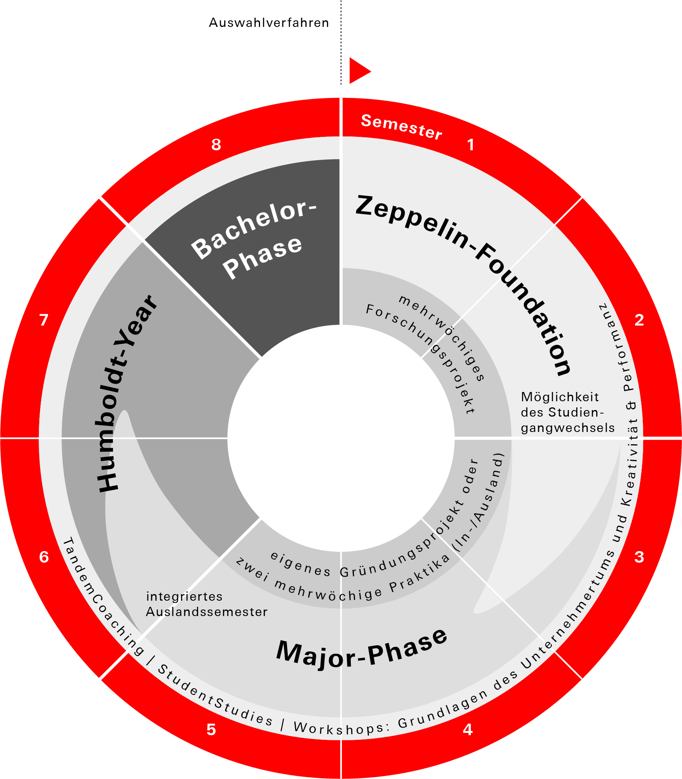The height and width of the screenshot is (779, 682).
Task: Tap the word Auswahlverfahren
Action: tap(269, 23)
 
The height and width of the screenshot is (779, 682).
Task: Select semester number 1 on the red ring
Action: tap(470, 145)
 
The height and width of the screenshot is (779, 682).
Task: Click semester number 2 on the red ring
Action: tap(639, 320)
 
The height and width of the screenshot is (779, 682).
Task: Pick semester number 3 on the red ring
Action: tap(639, 557)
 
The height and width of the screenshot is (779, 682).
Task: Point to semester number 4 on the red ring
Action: tap(467, 729)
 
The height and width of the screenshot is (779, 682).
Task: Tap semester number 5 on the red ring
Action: tap(211, 729)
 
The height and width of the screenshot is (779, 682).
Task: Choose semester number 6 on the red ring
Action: tap(44, 557)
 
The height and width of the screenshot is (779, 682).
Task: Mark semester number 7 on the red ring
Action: tap(44, 320)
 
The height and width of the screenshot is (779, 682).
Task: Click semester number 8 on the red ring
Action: tap(216, 145)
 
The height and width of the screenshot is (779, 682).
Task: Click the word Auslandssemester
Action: tap(207, 612)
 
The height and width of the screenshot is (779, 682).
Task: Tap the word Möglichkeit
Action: tap(560, 397)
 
